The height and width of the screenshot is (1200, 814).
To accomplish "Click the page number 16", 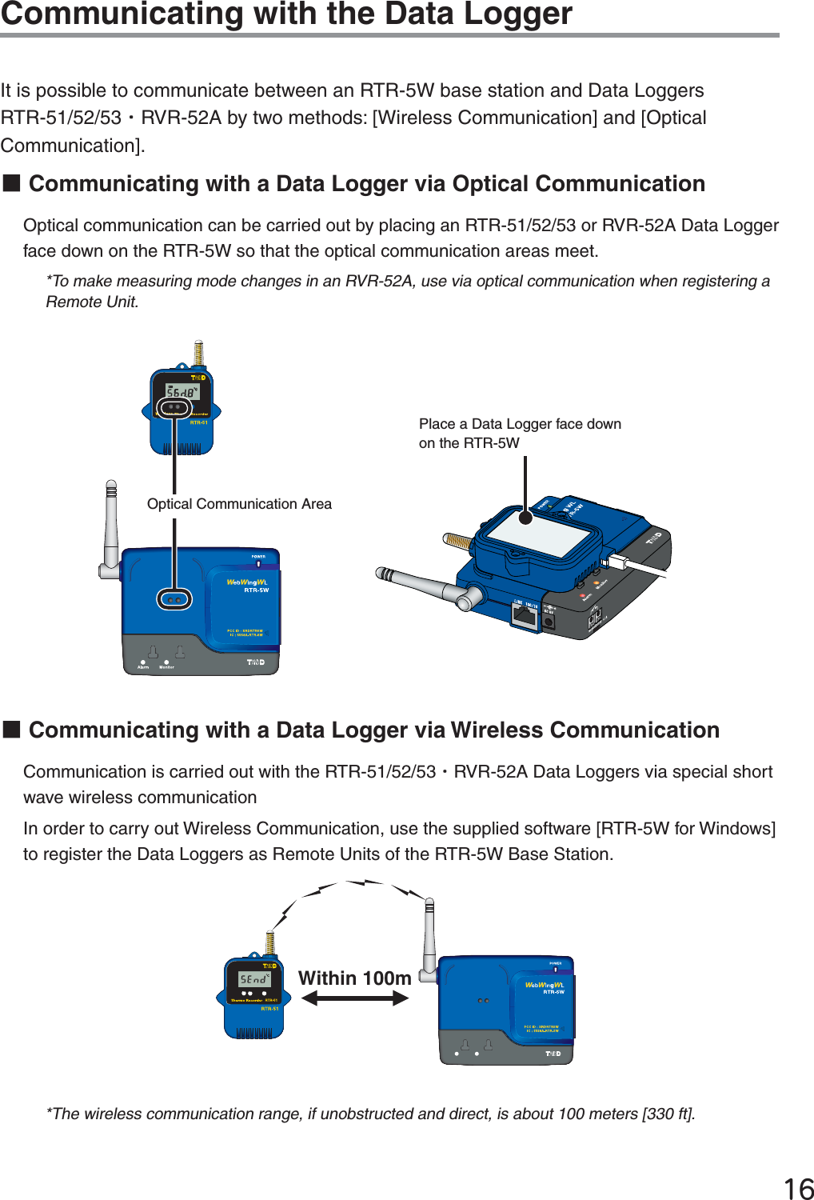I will (x=798, y=1189).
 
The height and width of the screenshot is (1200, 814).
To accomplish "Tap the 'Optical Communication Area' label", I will (x=239, y=504).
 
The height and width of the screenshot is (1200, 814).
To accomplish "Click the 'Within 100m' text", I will (x=354, y=978).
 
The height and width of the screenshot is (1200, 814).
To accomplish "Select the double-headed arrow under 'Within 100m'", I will (x=355, y=998).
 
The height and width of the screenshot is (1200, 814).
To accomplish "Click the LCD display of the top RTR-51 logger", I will (x=182, y=392).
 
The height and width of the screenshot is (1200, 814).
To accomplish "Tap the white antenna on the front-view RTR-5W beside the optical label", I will (x=111, y=528).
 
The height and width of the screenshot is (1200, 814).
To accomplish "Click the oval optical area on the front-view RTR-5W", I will (x=174, y=598).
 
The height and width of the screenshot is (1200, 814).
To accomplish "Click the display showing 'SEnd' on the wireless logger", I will (x=254, y=979).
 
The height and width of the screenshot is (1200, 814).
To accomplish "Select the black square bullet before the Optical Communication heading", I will (x=11, y=183).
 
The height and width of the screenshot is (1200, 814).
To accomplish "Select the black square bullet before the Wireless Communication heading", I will (x=11, y=730).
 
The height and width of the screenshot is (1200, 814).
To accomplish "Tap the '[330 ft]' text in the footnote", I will (x=668, y=1114).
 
